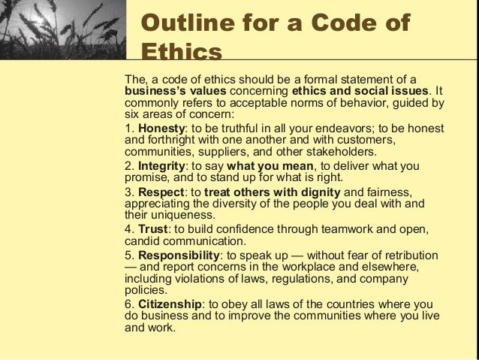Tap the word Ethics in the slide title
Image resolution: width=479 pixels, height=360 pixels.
pos(182,55)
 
